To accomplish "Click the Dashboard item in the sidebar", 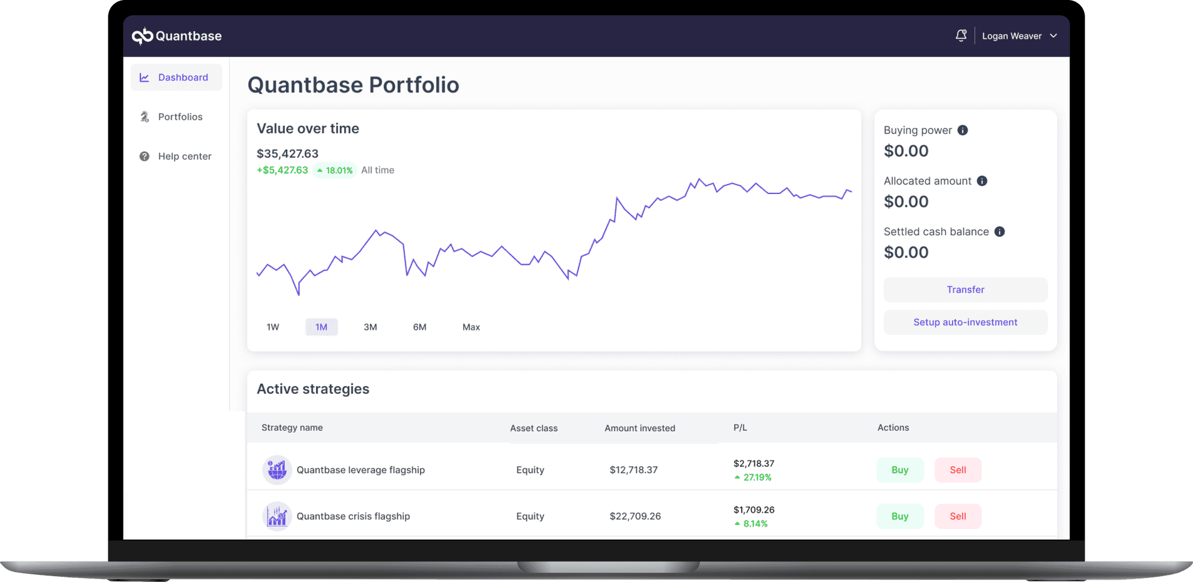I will pyautogui.click(x=176, y=77).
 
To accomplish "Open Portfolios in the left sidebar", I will pyautogui.click(x=179, y=117).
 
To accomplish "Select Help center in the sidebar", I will pyautogui.click(x=183, y=156).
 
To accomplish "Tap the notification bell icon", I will pyautogui.click(x=961, y=36).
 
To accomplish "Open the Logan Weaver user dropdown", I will pyautogui.click(x=1019, y=36).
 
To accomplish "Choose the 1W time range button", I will pyautogui.click(x=273, y=327).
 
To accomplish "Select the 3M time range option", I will pyautogui.click(x=370, y=327).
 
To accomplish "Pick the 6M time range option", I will pyautogui.click(x=419, y=327).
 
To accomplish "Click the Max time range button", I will pyautogui.click(x=471, y=327).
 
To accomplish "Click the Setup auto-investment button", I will pyautogui.click(x=965, y=322).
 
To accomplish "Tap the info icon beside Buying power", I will pyautogui.click(x=962, y=130).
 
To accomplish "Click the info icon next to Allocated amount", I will pyautogui.click(x=982, y=181).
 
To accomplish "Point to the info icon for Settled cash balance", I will pyautogui.click(x=999, y=232).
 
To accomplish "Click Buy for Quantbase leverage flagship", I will pyautogui.click(x=899, y=470).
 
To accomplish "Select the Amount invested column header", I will pyautogui.click(x=640, y=428).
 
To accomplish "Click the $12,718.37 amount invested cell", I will pyautogui.click(x=633, y=470).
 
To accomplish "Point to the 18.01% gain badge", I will pyautogui.click(x=334, y=170).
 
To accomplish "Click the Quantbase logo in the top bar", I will pyautogui.click(x=177, y=36).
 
